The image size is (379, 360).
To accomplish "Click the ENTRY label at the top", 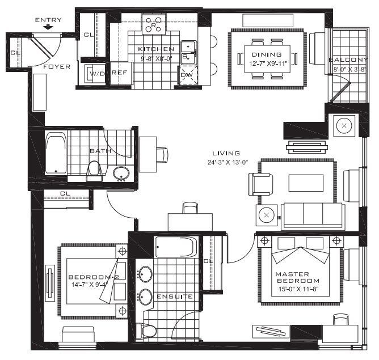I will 48,20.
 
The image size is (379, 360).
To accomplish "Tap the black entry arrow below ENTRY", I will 48,27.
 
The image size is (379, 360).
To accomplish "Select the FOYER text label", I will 57,67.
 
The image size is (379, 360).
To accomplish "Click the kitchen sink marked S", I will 188,52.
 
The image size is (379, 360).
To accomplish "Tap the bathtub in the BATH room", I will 56,153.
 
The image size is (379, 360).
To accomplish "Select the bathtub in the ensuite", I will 176,247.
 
